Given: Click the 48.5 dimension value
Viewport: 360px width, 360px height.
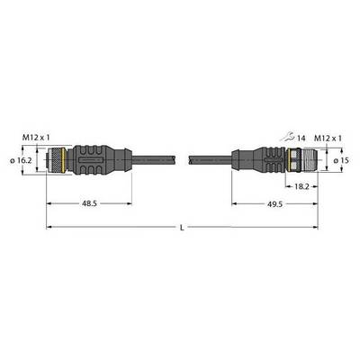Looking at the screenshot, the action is click(89, 203).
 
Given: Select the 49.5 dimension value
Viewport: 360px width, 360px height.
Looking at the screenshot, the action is click(275, 204).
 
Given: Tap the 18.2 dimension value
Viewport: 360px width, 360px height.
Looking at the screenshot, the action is click(301, 186).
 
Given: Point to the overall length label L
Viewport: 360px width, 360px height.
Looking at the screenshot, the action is click(182, 228).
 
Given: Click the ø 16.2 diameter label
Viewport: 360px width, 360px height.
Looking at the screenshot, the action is click(21, 160).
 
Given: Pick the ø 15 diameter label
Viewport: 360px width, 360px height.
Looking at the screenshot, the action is click(340, 160).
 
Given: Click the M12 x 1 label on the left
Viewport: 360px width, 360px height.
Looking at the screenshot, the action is click(36, 138).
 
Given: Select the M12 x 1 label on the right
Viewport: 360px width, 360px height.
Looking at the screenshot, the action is click(328, 139).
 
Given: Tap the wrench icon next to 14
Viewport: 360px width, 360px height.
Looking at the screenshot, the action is click(287, 138).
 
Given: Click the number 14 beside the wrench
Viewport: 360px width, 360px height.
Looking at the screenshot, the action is click(301, 139).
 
